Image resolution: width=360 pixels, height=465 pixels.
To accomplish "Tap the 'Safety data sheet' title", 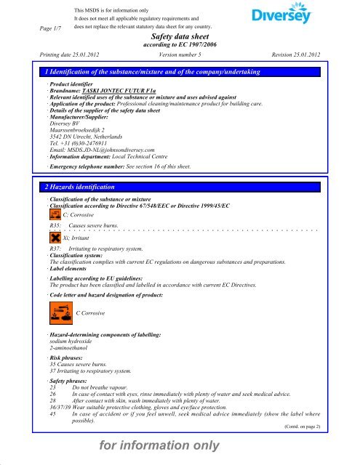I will click(x=180, y=36).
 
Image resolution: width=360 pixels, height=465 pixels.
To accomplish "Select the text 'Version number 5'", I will click(x=180, y=54).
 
